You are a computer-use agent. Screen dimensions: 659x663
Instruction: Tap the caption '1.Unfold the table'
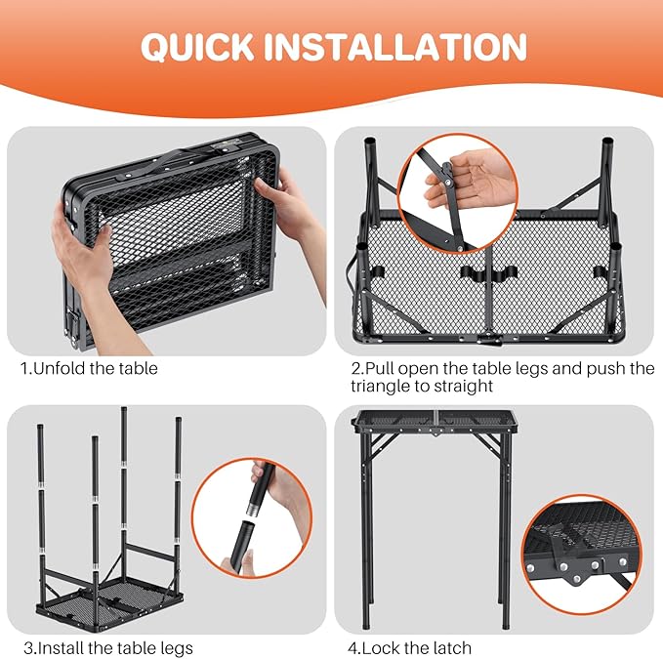89,369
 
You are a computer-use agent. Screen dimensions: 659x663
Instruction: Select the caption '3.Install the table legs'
108,647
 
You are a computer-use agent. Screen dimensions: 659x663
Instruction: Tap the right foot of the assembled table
506,622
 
